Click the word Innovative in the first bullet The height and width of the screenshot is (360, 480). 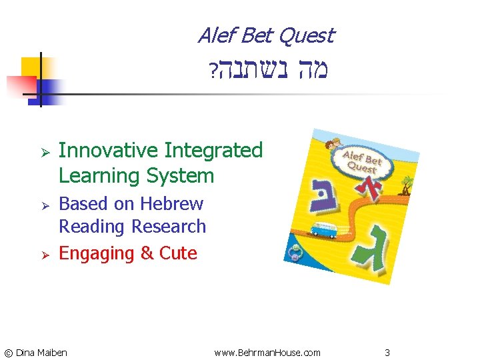click(x=108, y=151)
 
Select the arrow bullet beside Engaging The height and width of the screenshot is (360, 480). click(x=39, y=254)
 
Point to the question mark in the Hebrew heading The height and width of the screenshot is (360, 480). click(x=211, y=71)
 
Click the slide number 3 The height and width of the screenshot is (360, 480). click(x=387, y=352)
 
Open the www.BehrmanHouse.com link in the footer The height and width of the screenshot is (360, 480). click(x=267, y=352)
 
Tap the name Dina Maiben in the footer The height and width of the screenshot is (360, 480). click(x=41, y=352)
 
